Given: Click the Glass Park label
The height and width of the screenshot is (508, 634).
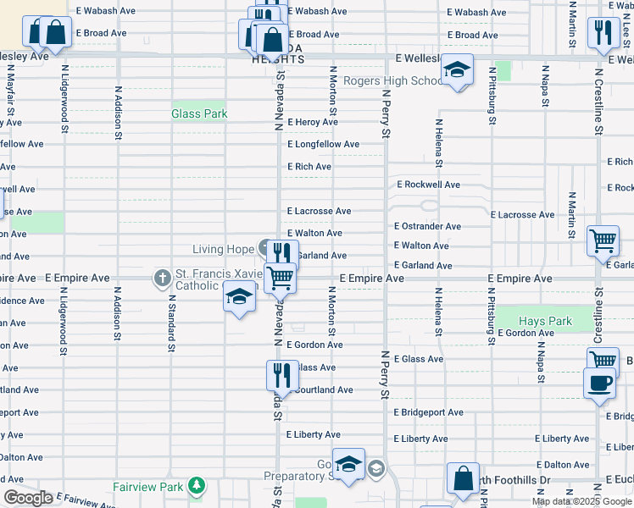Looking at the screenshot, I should click(x=199, y=113).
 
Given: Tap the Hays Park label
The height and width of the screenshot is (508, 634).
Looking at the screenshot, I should click(x=545, y=322).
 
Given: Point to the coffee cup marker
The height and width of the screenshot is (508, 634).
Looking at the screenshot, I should click(x=600, y=382).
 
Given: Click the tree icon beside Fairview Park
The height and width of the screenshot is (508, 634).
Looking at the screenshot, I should click(x=197, y=486).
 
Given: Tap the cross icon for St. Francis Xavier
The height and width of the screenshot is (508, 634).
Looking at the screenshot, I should click(x=162, y=277).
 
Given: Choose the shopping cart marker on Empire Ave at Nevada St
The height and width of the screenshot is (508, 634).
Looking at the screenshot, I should click(x=280, y=277).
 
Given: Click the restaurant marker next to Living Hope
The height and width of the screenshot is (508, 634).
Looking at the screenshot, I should click(x=282, y=253).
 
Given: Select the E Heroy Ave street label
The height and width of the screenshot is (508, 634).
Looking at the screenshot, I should click(x=312, y=123).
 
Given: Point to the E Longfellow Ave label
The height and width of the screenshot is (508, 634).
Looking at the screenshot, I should click(x=323, y=145).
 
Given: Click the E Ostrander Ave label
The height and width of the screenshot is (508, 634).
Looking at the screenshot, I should click(x=427, y=227).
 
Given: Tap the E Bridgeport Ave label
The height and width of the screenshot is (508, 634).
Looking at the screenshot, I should click(x=428, y=412).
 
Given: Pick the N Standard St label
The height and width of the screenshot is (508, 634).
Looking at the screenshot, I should click(x=170, y=323).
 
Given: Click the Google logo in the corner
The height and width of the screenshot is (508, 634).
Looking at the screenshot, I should click(x=28, y=498).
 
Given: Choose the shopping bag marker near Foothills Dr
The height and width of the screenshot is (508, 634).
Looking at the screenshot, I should click(x=463, y=479).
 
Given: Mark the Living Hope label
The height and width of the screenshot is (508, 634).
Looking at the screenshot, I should click(x=224, y=249).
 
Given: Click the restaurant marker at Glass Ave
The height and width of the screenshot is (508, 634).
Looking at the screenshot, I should click(x=282, y=374).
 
